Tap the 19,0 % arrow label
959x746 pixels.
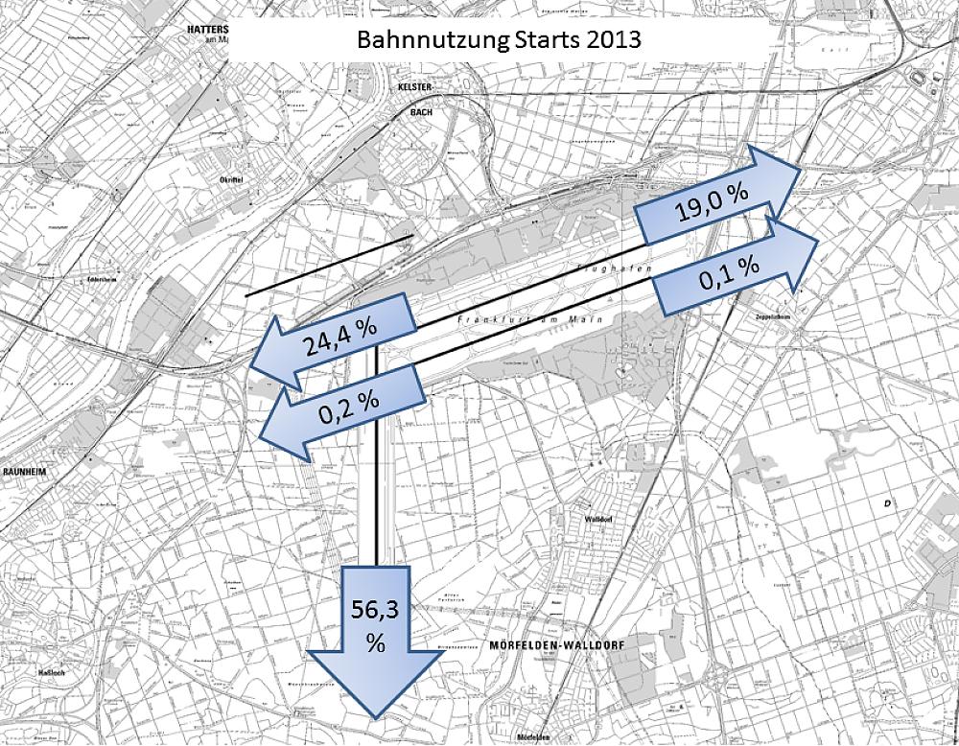pyautogui.click(x=711, y=204)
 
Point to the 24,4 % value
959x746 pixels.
pyautogui.click(x=340, y=336)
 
